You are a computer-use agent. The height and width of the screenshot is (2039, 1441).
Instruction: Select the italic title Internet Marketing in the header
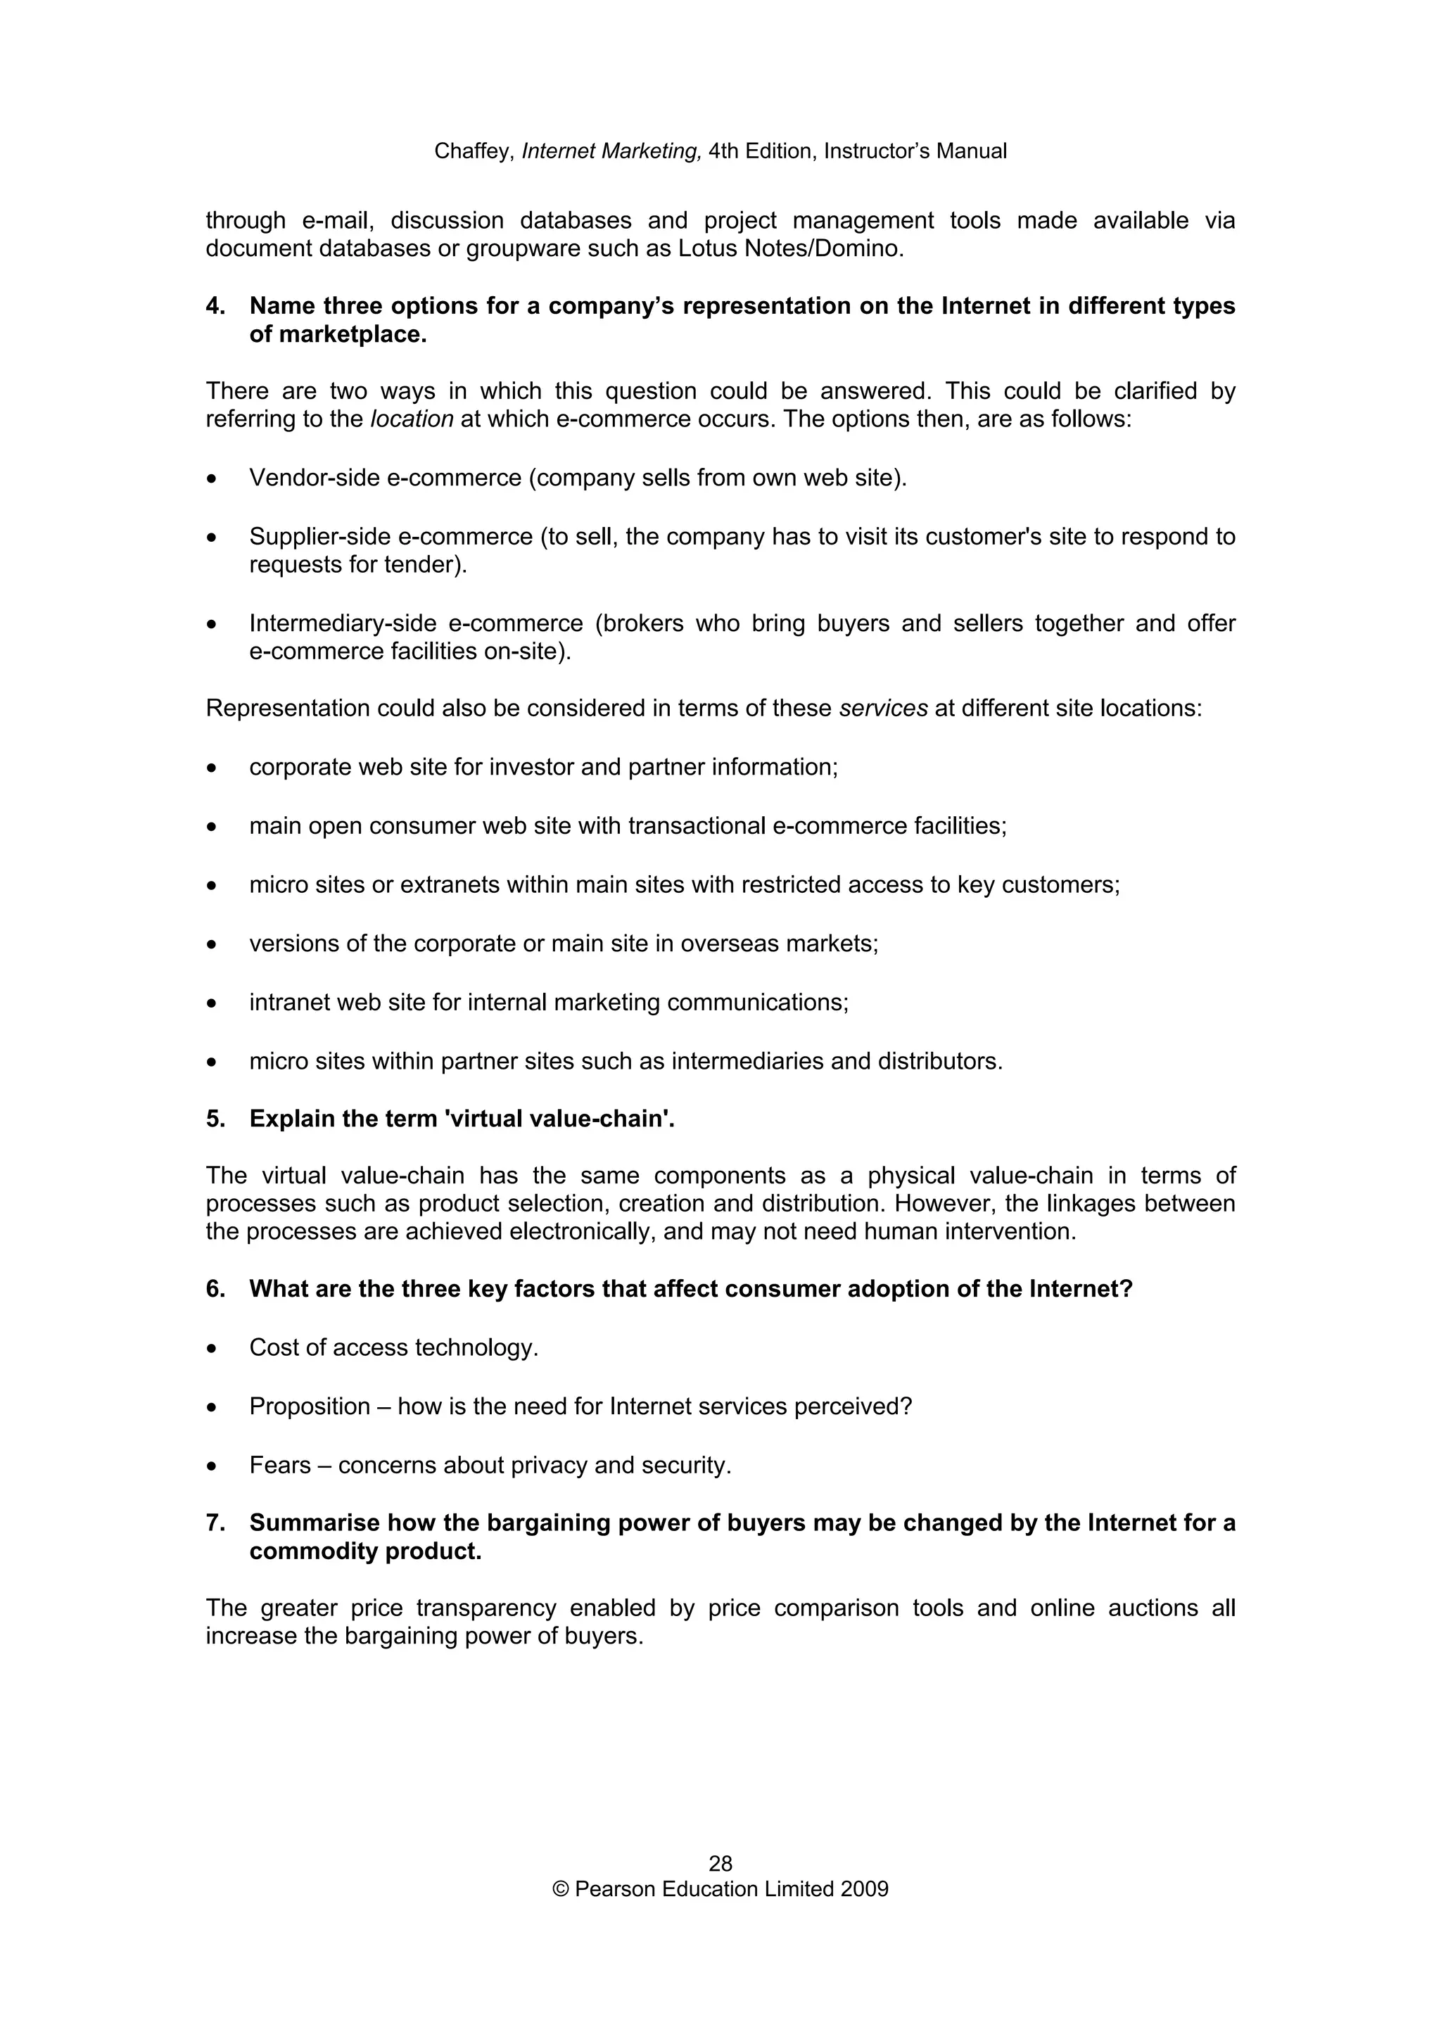pyautogui.click(x=611, y=151)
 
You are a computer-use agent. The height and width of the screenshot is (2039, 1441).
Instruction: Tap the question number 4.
pyautogui.click(x=214, y=306)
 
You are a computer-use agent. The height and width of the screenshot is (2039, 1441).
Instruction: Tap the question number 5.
pyautogui.click(x=214, y=1119)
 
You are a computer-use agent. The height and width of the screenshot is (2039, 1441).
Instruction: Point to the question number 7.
pyautogui.click(x=214, y=1523)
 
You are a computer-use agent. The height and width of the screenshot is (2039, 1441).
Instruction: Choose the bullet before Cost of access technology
pyautogui.click(x=211, y=1349)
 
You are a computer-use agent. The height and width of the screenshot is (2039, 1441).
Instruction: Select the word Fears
pyautogui.click(x=279, y=1466)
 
